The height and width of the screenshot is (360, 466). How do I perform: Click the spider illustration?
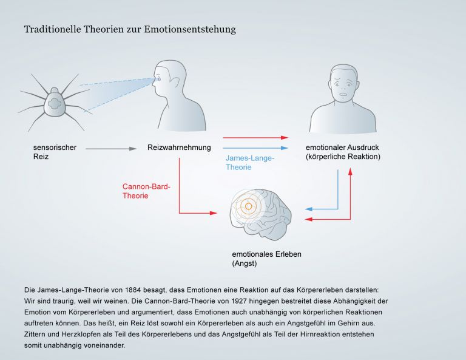(55, 103)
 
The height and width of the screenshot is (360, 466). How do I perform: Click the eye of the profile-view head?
(158, 79)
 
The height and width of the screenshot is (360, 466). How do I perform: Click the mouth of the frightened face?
(343, 95)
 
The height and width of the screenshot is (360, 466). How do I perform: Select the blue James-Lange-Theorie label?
(250, 163)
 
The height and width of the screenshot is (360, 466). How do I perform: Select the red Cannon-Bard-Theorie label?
(146, 191)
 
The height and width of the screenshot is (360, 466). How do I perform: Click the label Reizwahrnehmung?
(179, 148)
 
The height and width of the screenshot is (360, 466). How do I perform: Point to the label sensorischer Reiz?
(55, 152)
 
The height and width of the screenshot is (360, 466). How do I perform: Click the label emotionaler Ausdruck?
(342, 148)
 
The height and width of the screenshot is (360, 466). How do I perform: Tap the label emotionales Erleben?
(266, 254)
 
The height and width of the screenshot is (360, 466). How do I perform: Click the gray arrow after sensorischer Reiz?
(111, 149)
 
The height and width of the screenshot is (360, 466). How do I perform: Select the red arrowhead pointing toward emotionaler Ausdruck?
(285, 138)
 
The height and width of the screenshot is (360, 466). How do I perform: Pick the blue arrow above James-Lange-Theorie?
(255, 148)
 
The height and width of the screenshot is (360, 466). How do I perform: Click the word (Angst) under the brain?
(245, 263)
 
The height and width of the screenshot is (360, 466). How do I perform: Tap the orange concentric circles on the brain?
(248, 206)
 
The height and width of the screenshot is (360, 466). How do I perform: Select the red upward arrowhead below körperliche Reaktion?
(350, 171)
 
